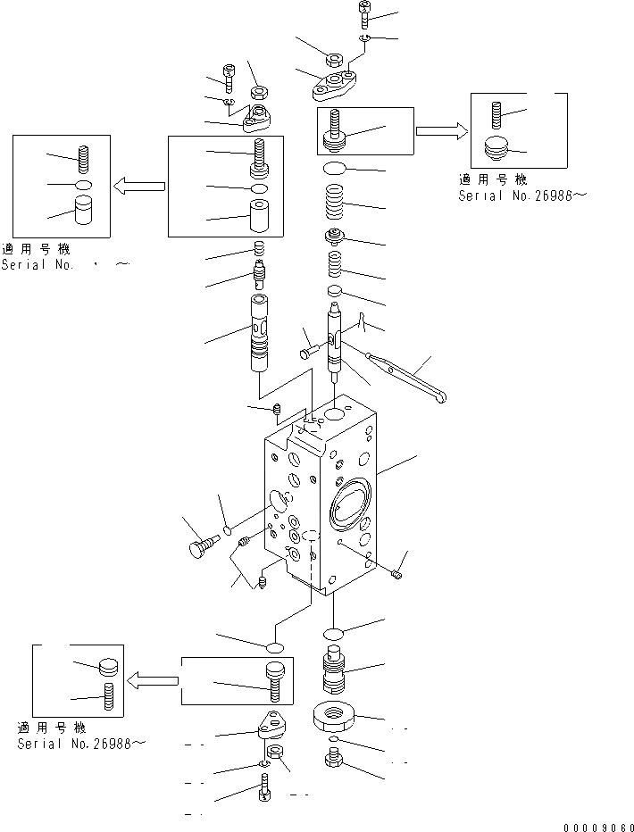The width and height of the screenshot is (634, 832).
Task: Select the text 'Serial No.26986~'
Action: pyautogui.click(x=522, y=196)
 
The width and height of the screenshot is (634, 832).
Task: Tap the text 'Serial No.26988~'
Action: pyautogui.click(x=80, y=743)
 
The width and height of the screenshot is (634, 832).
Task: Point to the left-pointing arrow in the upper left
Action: pyautogui.click(x=139, y=186)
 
